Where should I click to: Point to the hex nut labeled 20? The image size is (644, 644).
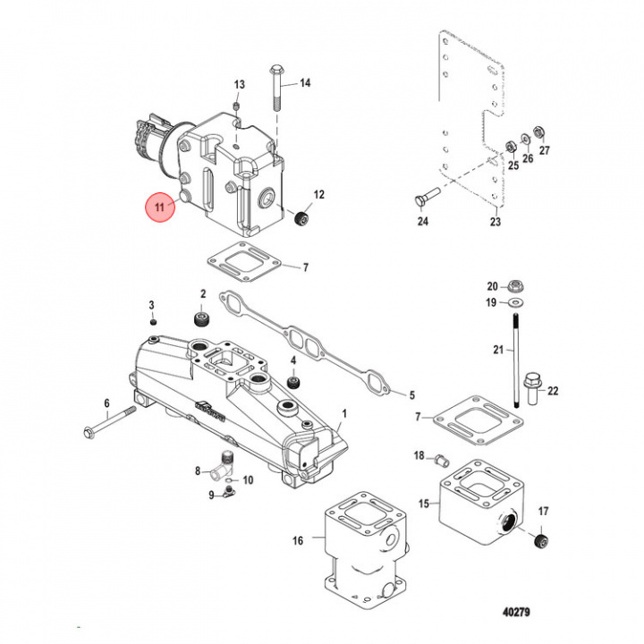[515, 287]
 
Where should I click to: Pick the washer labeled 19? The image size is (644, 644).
[516, 303]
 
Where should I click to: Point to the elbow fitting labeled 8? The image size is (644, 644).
[221, 466]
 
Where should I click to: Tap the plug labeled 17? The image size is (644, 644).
[538, 542]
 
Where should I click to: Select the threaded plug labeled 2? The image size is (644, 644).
[202, 320]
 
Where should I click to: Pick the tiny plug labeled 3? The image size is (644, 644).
[153, 321]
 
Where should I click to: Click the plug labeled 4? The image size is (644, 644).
[291, 382]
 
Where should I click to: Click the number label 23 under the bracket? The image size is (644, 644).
[496, 222]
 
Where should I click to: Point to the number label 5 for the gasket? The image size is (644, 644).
[412, 394]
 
